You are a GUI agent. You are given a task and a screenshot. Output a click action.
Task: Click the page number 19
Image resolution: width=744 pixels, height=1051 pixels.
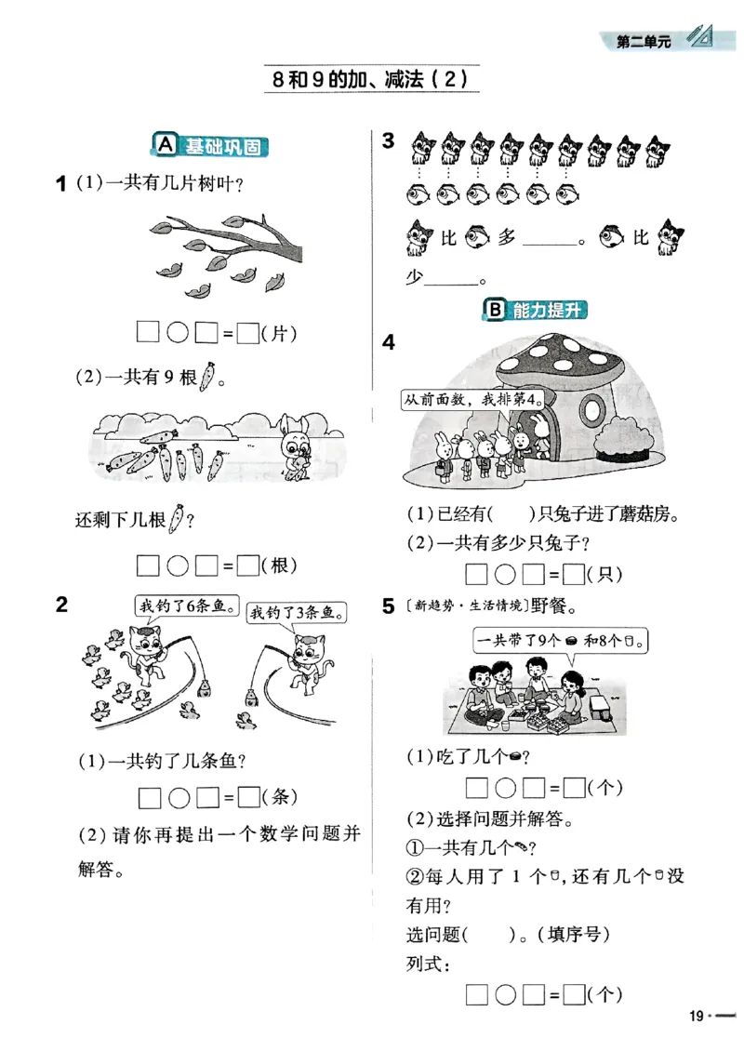[697, 1016]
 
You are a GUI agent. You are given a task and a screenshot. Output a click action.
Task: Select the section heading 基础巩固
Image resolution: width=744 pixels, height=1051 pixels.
[214, 146]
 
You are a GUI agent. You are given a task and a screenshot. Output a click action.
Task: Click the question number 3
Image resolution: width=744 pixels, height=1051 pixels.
[389, 140]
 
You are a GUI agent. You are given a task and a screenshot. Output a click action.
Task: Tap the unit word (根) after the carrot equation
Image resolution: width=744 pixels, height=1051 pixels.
[279, 565]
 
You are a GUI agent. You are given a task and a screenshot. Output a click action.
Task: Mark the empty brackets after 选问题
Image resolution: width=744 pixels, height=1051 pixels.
[489, 933]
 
